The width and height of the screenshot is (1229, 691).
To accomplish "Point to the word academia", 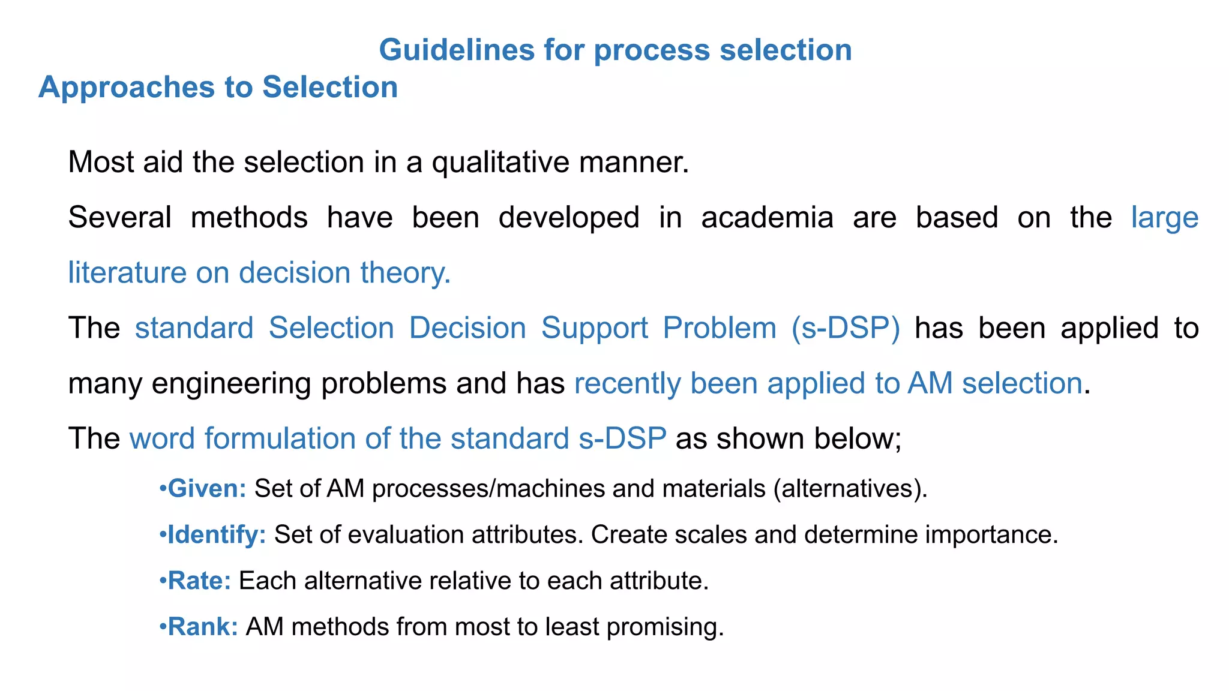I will pos(767,217).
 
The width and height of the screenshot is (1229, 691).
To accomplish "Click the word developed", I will pos(569,217).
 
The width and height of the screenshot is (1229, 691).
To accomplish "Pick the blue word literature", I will pos(127,273).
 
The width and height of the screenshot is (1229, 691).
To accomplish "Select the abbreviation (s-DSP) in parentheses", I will pos(846,328).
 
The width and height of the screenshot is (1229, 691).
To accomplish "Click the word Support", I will pos(594,328).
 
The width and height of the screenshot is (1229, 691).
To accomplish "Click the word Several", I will pos(119,217).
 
